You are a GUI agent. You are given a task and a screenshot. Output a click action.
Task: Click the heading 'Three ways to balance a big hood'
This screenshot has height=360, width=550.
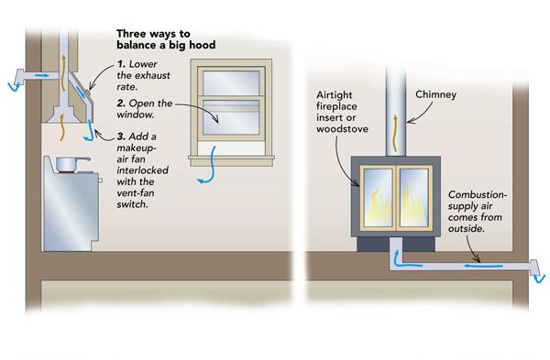point(166,39)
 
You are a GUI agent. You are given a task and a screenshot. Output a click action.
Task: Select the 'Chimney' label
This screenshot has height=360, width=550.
point(435,94)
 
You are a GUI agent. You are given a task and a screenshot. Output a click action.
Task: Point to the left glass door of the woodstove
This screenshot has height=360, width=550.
point(378,197)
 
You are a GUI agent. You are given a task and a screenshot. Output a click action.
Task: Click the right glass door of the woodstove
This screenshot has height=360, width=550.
point(414,197)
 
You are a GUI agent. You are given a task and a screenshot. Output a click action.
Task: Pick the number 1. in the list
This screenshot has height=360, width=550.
point(121,64)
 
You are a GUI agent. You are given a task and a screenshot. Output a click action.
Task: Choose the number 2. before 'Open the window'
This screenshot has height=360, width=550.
point(121,104)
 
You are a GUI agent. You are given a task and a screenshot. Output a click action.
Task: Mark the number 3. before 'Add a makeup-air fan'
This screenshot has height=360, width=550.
point(121,136)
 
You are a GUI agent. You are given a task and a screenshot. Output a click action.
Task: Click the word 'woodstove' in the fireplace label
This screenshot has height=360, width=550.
point(342,129)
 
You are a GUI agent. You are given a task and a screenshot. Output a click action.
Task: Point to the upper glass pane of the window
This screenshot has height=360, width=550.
point(231,82)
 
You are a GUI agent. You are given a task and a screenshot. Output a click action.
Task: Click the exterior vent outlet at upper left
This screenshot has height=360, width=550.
point(17,79)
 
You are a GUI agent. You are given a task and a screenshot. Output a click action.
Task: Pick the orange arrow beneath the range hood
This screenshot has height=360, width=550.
point(62,127)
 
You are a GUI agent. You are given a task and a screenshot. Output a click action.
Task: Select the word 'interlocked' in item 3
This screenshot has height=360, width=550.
point(142,170)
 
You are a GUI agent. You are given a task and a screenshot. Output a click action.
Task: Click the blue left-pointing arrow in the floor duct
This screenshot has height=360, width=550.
point(483,266)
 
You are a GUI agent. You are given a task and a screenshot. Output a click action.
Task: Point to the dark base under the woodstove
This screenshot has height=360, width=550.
point(396,245)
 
